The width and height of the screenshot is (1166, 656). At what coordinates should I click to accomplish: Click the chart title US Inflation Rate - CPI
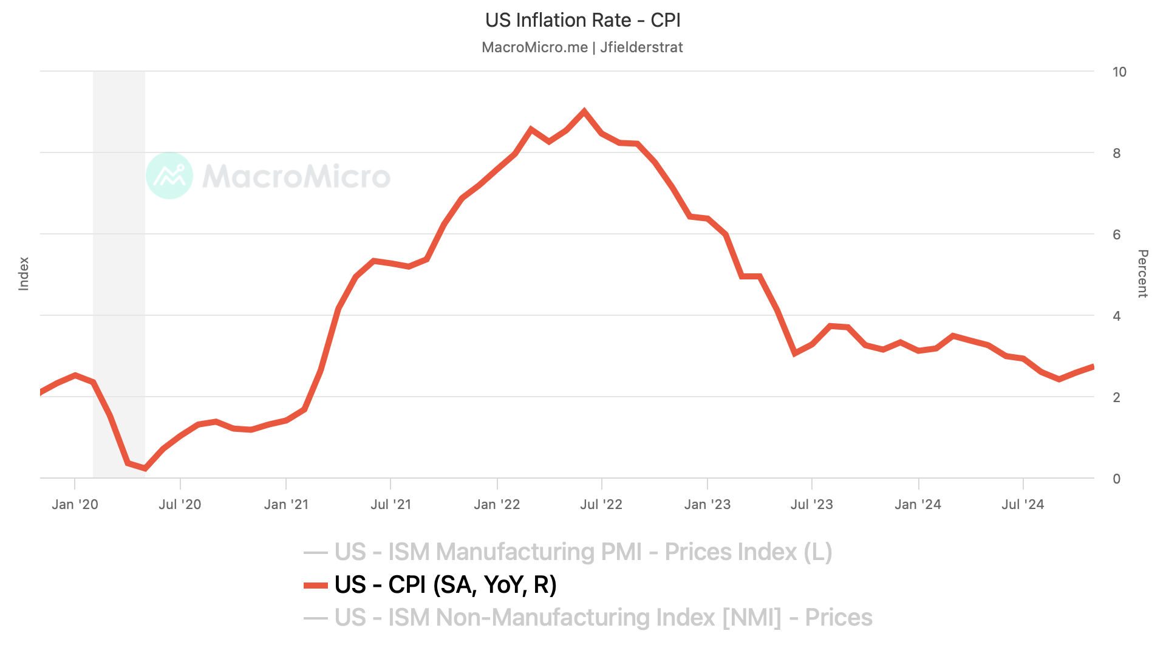(x=582, y=21)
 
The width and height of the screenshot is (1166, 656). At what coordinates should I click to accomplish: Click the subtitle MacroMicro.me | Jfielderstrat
(x=582, y=47)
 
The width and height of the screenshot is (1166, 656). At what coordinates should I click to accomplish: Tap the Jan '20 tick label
(x=75, y=505)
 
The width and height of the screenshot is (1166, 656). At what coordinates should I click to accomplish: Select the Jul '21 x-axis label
(x=390, y=505)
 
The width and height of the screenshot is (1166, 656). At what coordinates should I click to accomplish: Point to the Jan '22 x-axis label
(x=497, y=505)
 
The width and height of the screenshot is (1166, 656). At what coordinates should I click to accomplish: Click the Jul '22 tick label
(x=601, y=505)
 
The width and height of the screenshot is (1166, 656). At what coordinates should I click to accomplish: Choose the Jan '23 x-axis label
(x=707, y=505)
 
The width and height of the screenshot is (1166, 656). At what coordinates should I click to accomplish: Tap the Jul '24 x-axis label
(x=1023, y=505)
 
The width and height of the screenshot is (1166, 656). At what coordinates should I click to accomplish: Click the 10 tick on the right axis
(x=1119, y=72)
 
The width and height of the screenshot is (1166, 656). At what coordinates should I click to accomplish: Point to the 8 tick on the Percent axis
(x=1116, y=154)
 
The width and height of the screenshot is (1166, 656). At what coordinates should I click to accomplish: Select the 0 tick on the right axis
(x=1116, y=479)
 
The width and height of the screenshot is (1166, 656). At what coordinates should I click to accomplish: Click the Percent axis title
(x=1142, y=273)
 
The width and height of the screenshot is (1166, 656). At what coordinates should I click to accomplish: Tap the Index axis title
(x=24, y=273)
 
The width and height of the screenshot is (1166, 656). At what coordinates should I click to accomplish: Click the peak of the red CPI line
(x=584, y=112)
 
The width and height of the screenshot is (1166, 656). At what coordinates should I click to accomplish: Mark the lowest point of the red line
(x=145, y=468)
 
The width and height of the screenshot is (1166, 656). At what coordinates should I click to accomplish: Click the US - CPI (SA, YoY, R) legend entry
(x=445, y=585)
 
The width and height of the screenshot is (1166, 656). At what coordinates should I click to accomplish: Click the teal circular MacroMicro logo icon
(x=169, y=176)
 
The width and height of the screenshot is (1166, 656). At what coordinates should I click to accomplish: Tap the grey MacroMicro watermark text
(x=296, y=177)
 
